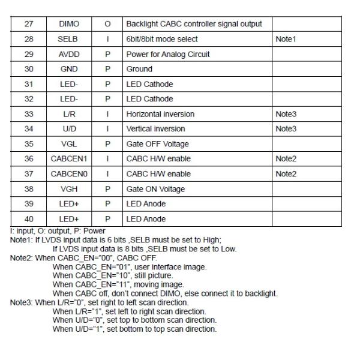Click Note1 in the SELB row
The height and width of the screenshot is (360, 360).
(x=286, y=39)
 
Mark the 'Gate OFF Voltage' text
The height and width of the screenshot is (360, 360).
(x=157, y=144)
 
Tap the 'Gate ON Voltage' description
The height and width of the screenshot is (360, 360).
(x=155, y=189)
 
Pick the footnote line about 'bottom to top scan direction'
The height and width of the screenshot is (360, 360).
(x=134, y=329)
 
